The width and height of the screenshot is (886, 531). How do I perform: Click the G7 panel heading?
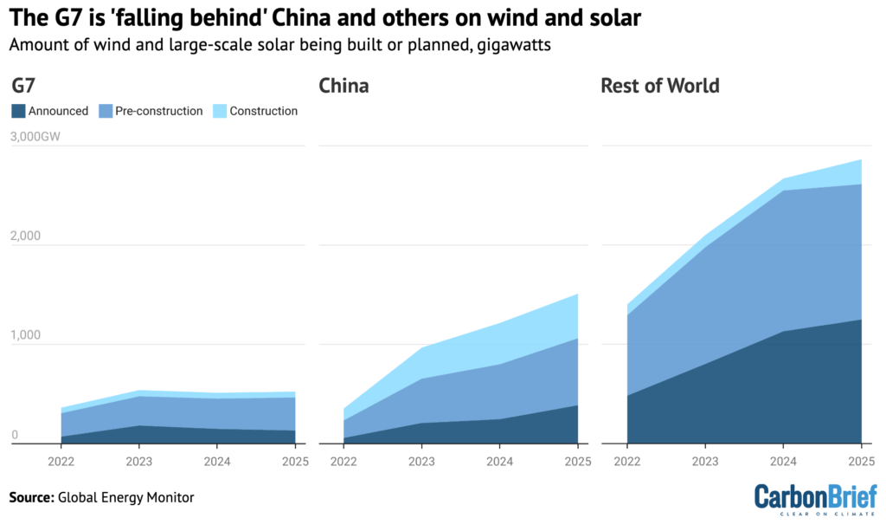24,86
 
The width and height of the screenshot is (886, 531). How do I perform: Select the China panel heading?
343,86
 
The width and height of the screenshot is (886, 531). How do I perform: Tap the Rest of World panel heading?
660,86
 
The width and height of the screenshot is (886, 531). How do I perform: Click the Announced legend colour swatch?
18,111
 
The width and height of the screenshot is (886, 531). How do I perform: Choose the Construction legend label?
263,111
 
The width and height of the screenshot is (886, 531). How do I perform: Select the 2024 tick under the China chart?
499,462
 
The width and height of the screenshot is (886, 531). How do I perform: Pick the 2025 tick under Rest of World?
860,462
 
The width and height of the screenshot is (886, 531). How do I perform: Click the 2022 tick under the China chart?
343,462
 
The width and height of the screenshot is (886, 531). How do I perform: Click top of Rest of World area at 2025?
861,160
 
